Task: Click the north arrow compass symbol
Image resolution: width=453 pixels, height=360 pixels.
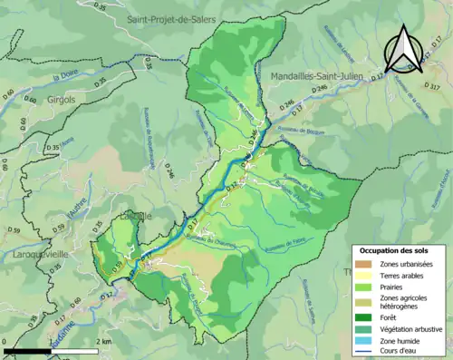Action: click(403, 50)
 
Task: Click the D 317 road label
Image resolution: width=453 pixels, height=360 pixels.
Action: click(438, 87)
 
